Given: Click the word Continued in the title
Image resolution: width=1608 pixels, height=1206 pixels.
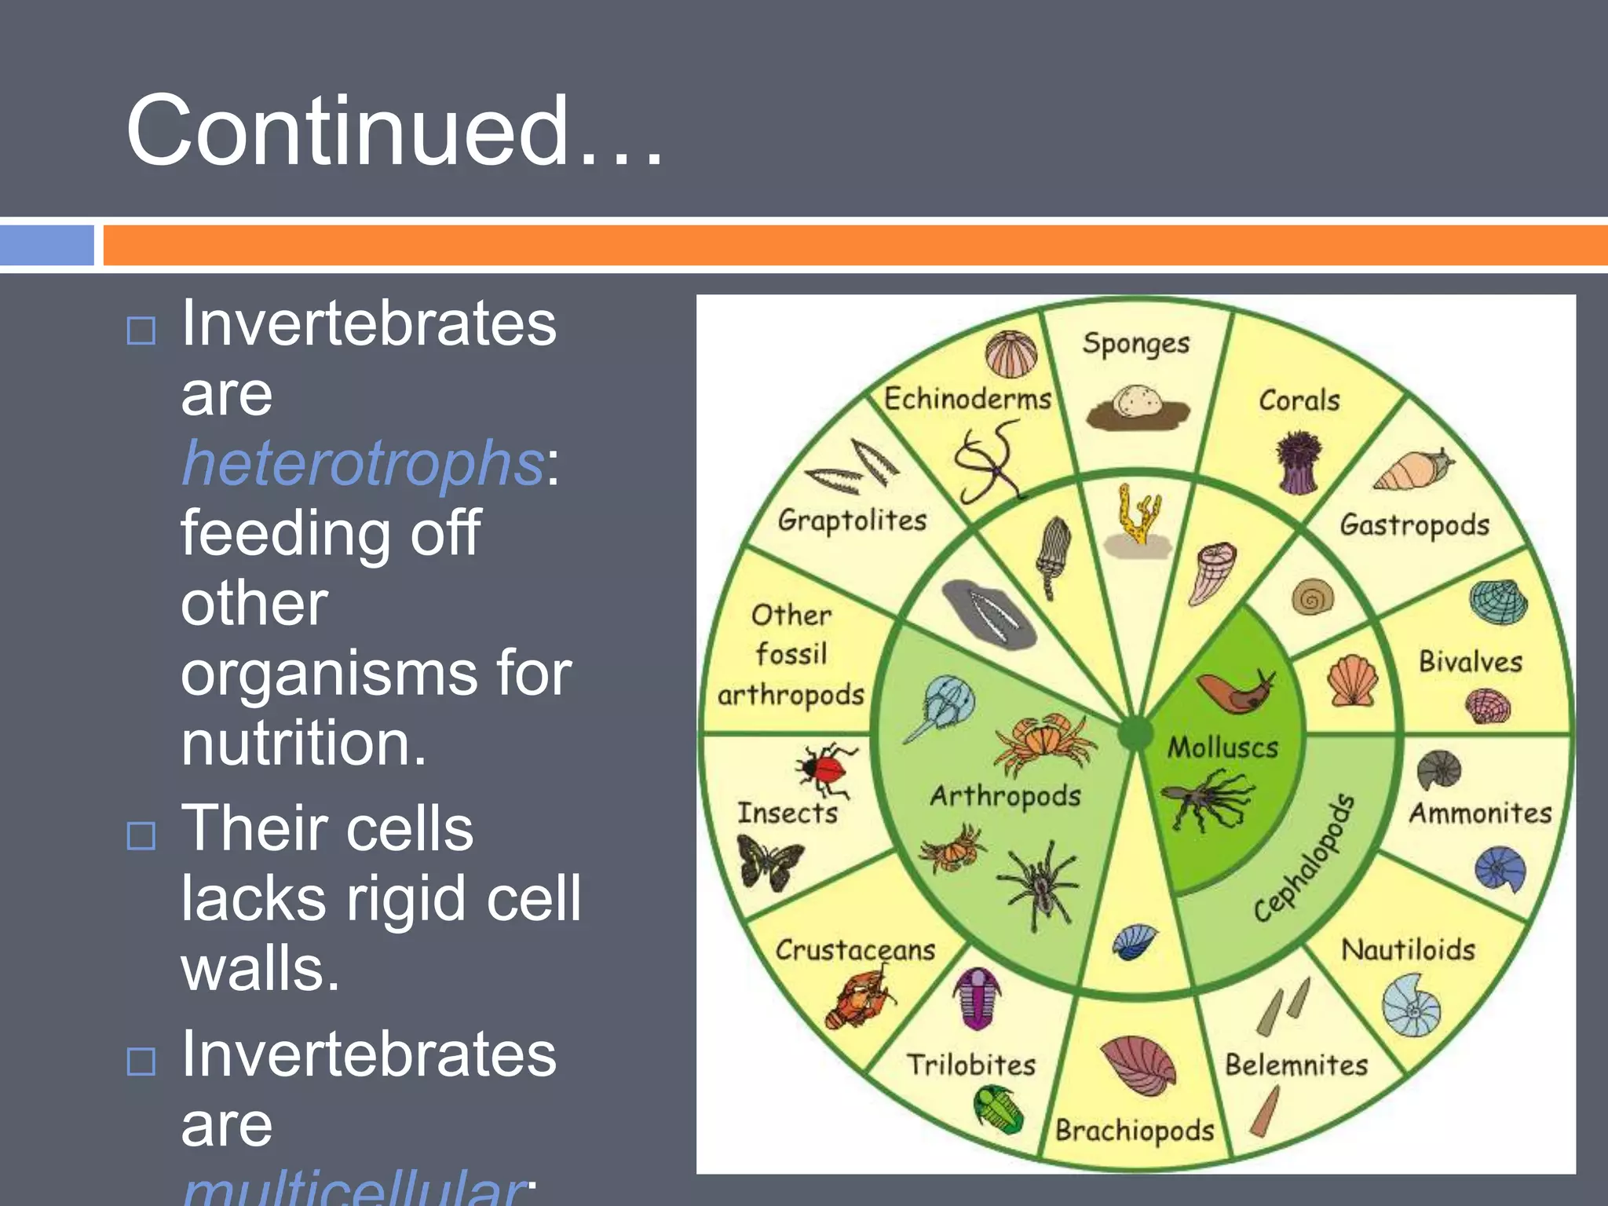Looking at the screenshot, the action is click(345, 130).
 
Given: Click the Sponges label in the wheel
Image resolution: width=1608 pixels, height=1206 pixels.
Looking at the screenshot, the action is click(1135, 344).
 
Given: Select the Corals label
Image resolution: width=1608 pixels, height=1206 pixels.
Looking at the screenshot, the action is click(1299, 400).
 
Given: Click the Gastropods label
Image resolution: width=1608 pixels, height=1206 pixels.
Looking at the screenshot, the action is click(1414, 524).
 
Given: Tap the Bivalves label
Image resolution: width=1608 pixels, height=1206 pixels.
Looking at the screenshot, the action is click(1470, 662).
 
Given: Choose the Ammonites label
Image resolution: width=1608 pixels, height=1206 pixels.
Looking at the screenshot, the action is click(1480, 813).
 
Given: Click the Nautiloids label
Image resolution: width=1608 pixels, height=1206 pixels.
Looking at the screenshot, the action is click(1408, 950).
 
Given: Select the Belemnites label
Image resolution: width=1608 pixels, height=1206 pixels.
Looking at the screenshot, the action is click(1296, 1065).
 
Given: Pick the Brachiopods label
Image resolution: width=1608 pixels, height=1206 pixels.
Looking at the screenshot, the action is click(1135, 1131).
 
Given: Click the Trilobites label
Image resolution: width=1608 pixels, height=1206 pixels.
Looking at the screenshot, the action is click(971, 1065).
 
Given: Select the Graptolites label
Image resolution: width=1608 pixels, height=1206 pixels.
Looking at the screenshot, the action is click(852, 520).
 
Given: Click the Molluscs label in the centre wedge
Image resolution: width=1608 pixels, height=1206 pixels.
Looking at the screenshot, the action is click(1222, 747).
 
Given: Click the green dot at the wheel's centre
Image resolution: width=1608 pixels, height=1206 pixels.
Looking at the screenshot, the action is click(1135, 734).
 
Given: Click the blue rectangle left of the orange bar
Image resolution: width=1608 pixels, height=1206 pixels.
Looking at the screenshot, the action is click(47, 245).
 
